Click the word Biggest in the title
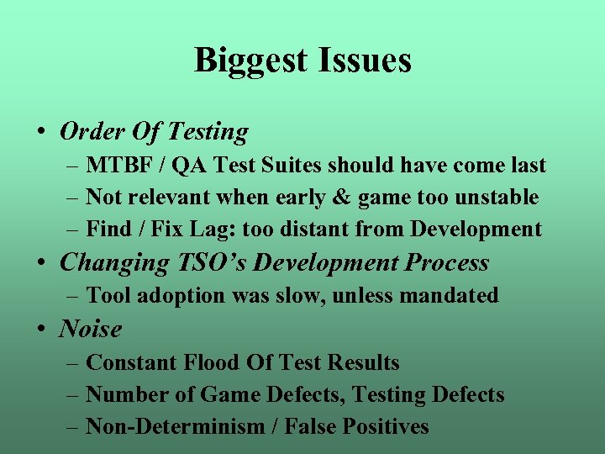[252, 61]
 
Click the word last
[527, 166]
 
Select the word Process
[446, 262]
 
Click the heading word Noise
[91, 329]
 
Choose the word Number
[124, 394]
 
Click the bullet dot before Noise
[41, 330]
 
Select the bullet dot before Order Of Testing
[41, 132]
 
